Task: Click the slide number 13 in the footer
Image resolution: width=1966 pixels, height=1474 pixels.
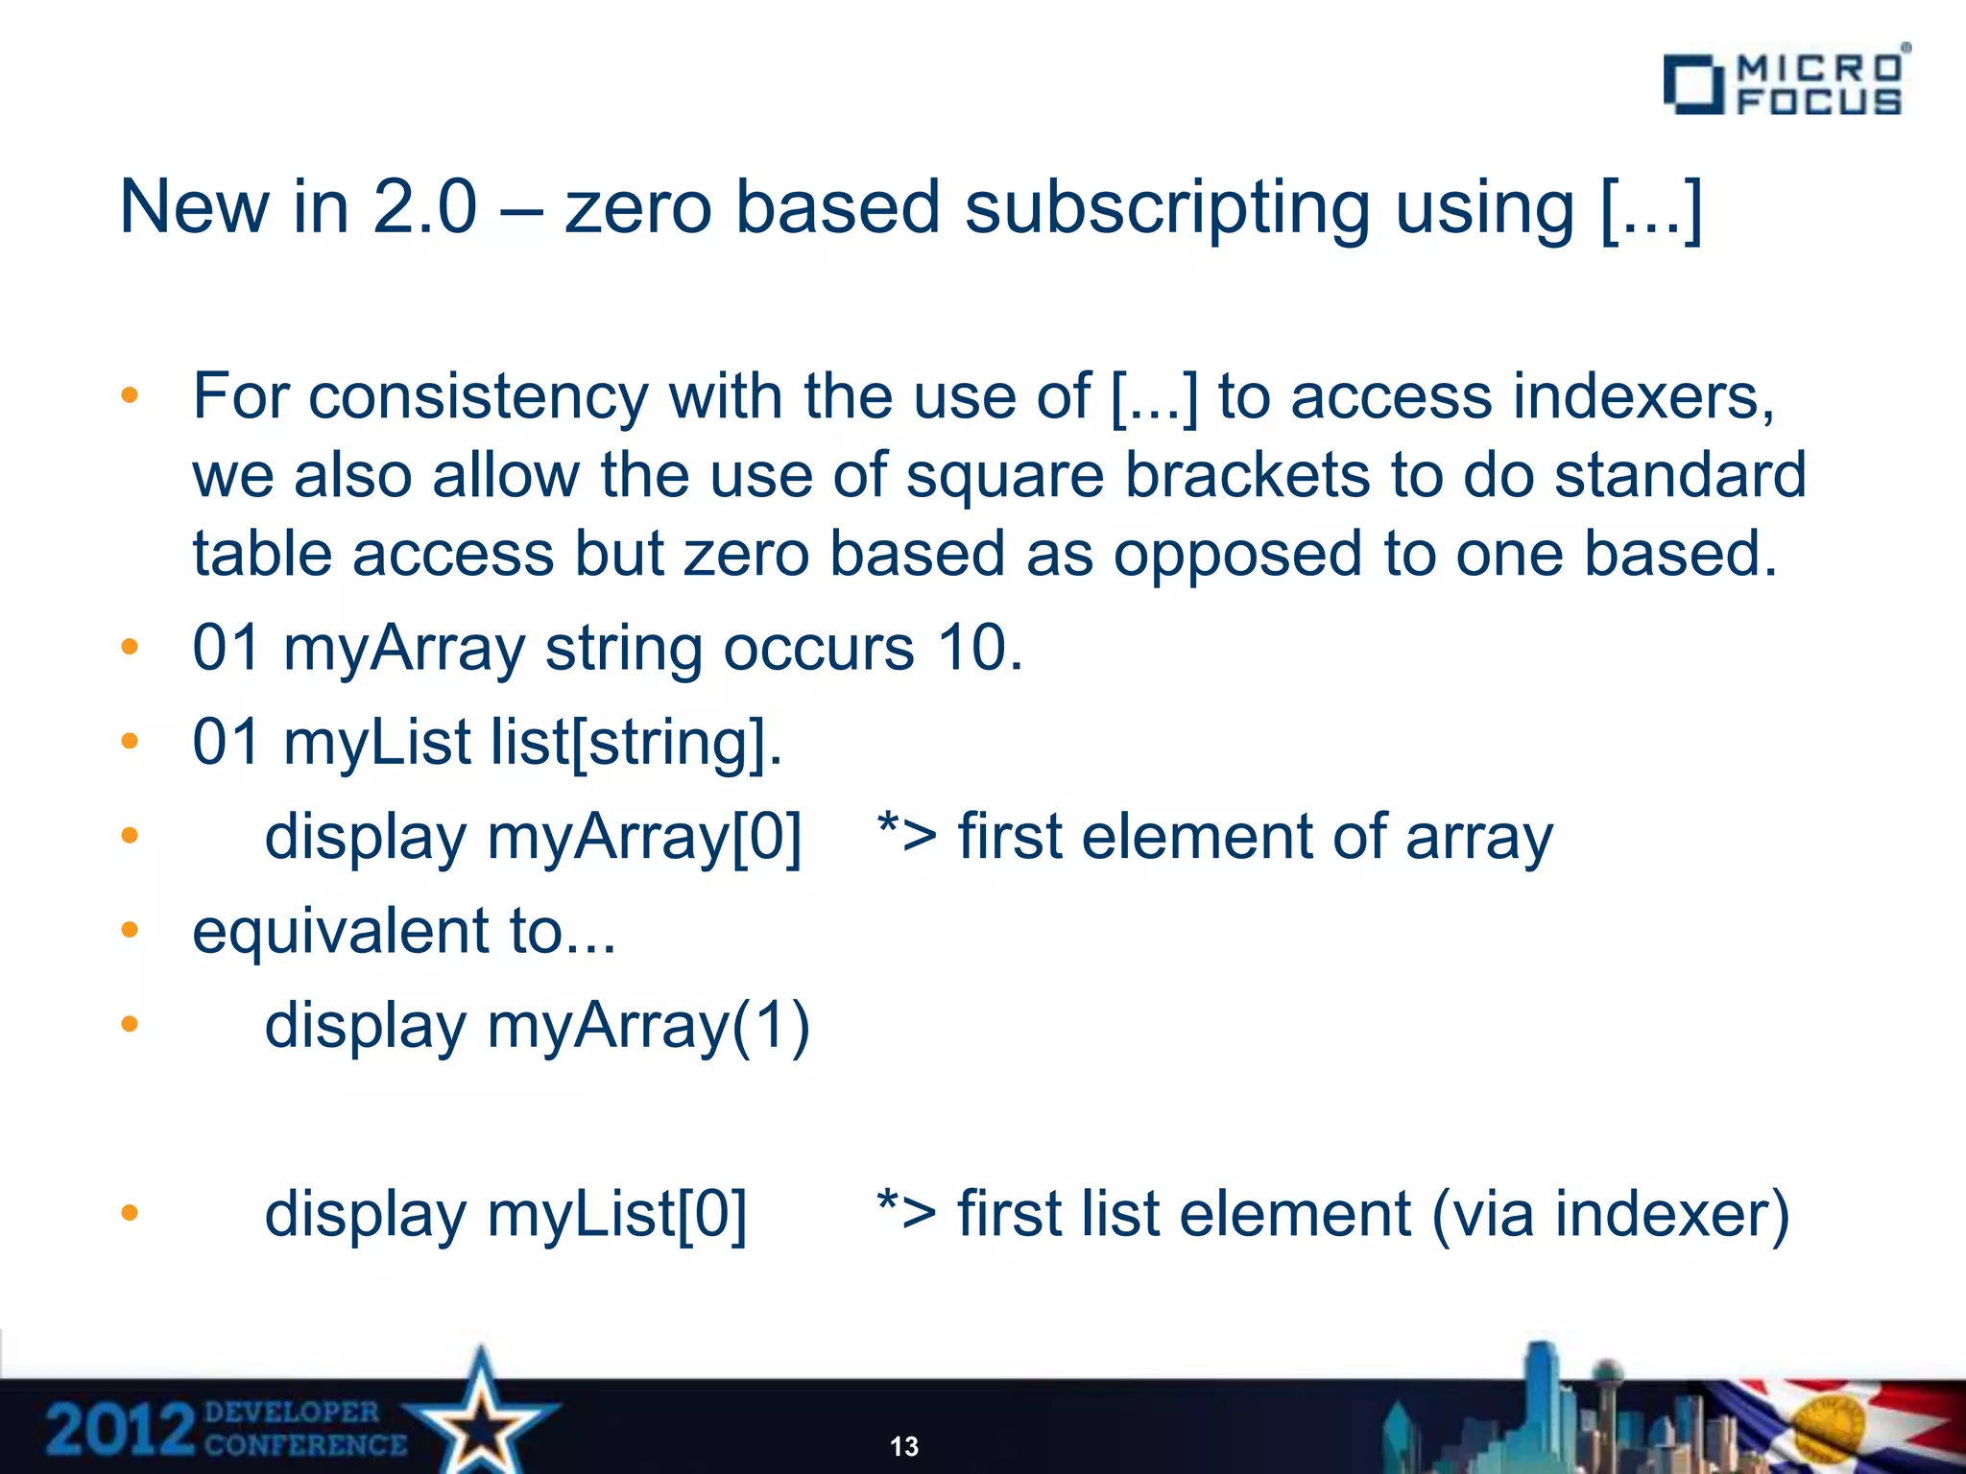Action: point(904,1446)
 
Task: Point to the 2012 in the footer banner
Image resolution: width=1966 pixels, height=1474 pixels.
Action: point(119,1429)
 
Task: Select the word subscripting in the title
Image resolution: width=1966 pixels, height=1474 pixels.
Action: point(1166,208)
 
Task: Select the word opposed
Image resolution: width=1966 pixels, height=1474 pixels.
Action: point(1237,556)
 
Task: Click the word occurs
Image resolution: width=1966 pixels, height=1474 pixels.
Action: point(818,648)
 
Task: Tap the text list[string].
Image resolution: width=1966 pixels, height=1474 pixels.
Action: point(636,742)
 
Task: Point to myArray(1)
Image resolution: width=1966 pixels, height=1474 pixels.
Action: point(648,1026)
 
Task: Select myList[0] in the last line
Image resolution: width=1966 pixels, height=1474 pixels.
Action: point(616,1214)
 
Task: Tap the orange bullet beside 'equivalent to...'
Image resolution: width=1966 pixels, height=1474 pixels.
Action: point(131,930)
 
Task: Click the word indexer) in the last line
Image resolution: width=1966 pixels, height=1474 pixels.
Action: point(1671,1214)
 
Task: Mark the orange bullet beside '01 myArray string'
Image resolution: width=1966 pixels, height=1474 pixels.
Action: point(131,647)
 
